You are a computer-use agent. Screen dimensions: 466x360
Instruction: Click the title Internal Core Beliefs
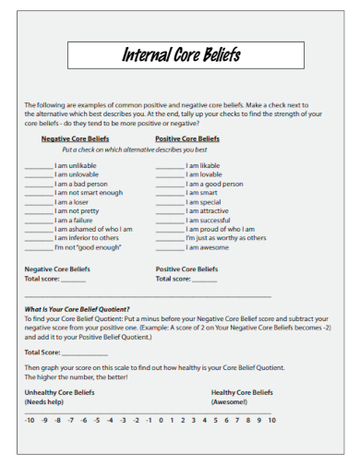(182, 55)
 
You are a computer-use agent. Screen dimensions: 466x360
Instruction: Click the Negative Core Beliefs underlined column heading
(75, 138)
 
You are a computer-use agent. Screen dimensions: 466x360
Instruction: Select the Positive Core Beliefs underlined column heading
(187, 138)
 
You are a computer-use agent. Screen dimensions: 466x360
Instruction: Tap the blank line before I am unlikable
(38, 167)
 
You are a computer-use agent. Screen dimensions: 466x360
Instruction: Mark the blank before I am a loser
(38, 202)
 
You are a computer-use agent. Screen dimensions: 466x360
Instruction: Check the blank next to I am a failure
(38, 221)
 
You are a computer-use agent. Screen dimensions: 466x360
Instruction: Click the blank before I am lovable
(169, 175)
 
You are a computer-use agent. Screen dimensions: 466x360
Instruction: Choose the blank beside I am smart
(169, 193)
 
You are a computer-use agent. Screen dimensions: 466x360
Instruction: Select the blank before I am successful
(169, 221)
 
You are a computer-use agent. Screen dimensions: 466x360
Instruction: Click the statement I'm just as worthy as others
(226, 238)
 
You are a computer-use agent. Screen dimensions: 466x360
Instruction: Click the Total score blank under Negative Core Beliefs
(73, 279)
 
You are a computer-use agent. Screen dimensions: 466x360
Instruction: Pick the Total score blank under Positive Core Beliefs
(205, 279)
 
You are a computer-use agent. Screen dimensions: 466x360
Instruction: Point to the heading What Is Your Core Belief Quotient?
(77, 308)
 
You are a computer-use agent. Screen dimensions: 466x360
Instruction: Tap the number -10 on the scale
(30, 421)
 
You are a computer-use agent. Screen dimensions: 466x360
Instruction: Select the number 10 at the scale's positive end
(271, 421)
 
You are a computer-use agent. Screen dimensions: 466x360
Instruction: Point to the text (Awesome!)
(229, 402)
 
